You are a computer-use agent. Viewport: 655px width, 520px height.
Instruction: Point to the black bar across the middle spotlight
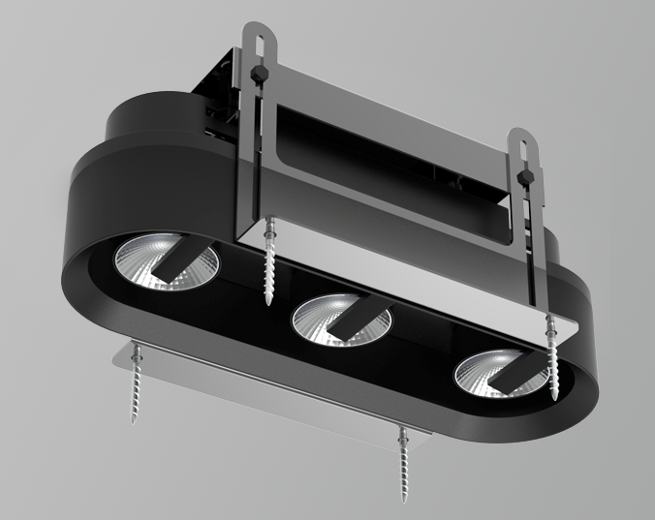[357, 318]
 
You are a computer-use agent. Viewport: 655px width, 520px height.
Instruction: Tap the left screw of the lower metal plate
[136, 387]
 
